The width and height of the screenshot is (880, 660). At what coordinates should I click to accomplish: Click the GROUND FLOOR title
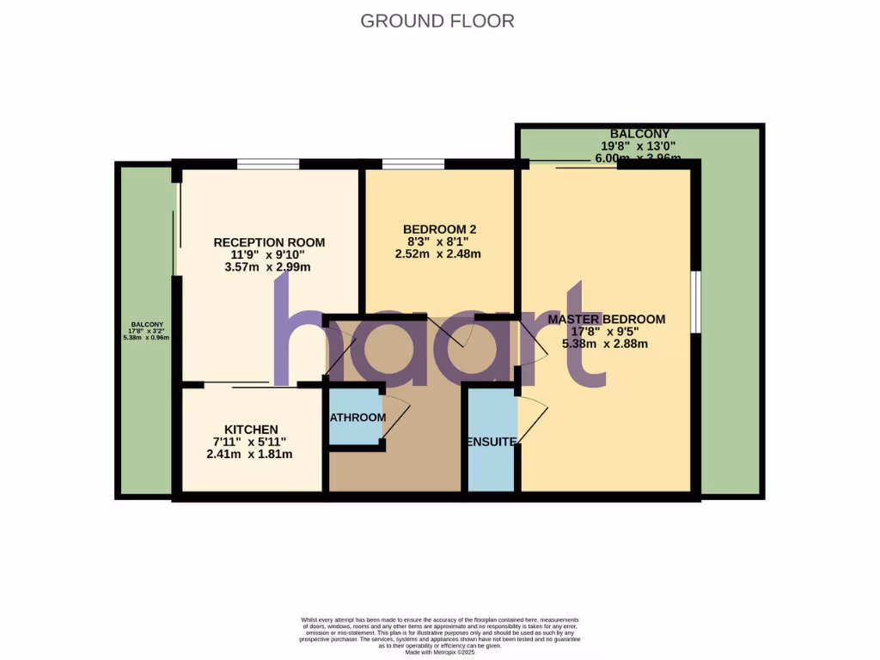[437, 21]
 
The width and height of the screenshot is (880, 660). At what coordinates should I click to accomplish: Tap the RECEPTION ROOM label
[269, 242]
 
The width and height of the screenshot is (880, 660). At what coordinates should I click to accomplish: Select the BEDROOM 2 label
[439, 229]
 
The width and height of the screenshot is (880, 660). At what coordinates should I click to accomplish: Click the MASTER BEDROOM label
[607, 320]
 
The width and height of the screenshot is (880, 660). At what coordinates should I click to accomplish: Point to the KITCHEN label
[251, 430]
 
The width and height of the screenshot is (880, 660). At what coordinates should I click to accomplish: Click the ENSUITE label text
[492, 442]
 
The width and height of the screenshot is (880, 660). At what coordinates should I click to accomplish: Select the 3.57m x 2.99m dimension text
[266, 267]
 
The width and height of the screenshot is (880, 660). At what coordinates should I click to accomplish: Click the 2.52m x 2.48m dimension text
[437, 254]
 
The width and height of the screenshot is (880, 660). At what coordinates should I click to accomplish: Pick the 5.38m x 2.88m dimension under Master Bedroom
[604, 344]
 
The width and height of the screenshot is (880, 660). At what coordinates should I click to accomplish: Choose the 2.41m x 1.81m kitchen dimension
[249, 454]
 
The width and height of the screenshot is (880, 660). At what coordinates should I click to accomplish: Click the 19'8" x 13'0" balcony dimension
[641, 146]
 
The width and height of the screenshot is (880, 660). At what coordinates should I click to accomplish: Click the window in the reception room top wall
[268, 163]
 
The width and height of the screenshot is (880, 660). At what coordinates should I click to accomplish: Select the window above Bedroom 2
[412, 163]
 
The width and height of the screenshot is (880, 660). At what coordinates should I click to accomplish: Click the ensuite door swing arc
[533, 412]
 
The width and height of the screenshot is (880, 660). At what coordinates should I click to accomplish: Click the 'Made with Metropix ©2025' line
[439, 652]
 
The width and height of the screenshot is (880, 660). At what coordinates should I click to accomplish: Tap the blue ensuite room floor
[492, 468]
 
